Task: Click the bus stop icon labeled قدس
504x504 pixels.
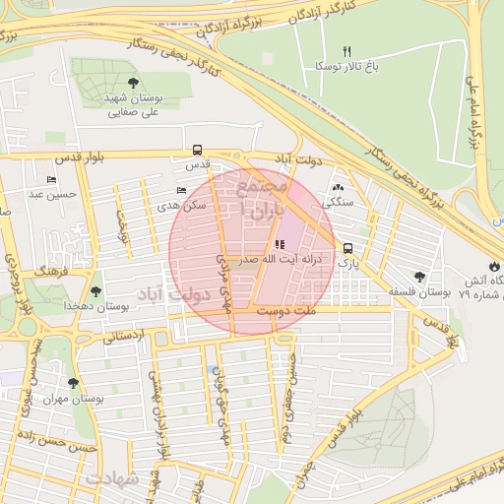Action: [x=198, y=152]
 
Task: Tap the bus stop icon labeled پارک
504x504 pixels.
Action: [x=348, y=249]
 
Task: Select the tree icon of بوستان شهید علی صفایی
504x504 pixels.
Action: [x=133, y=83]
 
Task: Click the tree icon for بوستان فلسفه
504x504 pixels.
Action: [x=420, y=278]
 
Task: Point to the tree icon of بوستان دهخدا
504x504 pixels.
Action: [x=95, y=291]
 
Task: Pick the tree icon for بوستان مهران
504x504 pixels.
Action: [x=73, y=383]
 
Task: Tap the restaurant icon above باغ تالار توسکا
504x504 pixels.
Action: [x=346, y=51]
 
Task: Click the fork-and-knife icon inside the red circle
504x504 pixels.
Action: [x=279, y=243]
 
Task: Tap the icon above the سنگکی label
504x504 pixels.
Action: [x=339, y=186]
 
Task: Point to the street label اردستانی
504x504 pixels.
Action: [x=123, y=336]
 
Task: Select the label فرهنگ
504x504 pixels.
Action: [x=47, y=269]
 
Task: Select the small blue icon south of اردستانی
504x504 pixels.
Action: [x=215, y=369]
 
